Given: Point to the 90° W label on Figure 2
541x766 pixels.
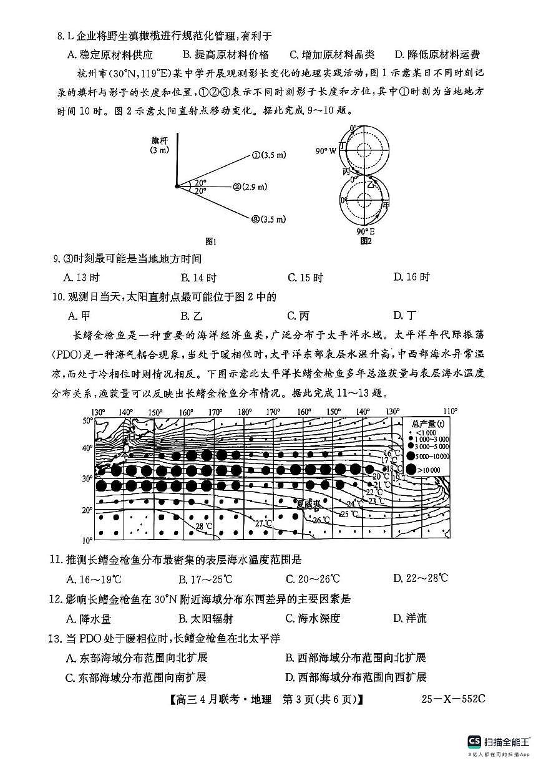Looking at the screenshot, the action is [325, 151].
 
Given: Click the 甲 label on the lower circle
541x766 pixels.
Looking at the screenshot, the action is [386, 205].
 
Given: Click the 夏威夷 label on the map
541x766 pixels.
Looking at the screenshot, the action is [308, 503].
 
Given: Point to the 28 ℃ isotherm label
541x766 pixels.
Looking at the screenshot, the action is [204, 526].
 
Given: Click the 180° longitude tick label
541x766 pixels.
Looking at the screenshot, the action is [245, 412].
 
